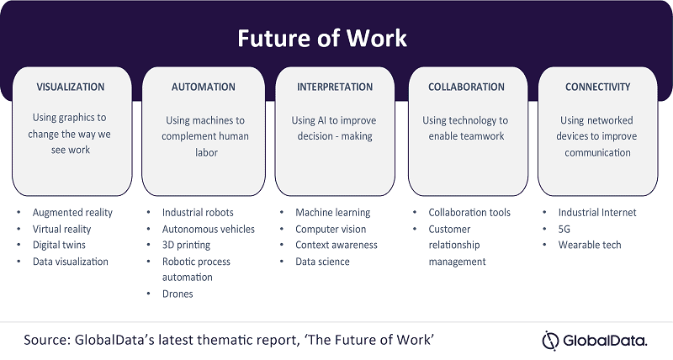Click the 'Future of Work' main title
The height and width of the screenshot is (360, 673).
pyautogui.click(x=322, y=38)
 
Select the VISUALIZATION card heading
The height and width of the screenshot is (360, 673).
pyautogui.click(x=71, y=87)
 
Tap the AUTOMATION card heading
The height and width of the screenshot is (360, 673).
pyautogui.click(x=204, y=87)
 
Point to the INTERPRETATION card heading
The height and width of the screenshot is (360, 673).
pyautogui.click(x=335, y=87)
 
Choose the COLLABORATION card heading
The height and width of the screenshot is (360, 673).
pyautogui.click(x=467, y=87)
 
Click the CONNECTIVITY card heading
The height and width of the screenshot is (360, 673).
pyautogui.click(x=598, y=87)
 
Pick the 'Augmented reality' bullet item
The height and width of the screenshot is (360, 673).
pyautogui.click(x=72, y=213)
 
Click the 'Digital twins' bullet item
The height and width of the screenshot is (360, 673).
pyautogui.click(x=59, y=245)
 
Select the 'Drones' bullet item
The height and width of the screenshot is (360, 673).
pyautogui.click(x=178, y=294)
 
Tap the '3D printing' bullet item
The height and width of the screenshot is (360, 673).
pyautogui.click(x=186, y=246)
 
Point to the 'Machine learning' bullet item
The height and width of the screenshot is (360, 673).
pyautogui.click(x=332, y=213)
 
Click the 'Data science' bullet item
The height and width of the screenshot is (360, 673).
pyautogui.click(x=322, y=262)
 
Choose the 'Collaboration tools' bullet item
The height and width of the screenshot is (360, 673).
pyautogui.click(x=469, y=213)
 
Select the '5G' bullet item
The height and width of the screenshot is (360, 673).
pyautogui.click(x=564, y=229)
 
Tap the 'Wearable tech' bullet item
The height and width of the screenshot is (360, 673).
pyautogui.click(x=590, y=245)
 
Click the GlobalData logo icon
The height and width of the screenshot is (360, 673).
pyautogui.click(x=550, y=341)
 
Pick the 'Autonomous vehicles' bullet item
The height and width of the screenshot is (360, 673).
pyautogui.click(x=208, y=229)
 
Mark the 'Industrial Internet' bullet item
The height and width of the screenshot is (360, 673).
pyautogui.click(x=597, y=213)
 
